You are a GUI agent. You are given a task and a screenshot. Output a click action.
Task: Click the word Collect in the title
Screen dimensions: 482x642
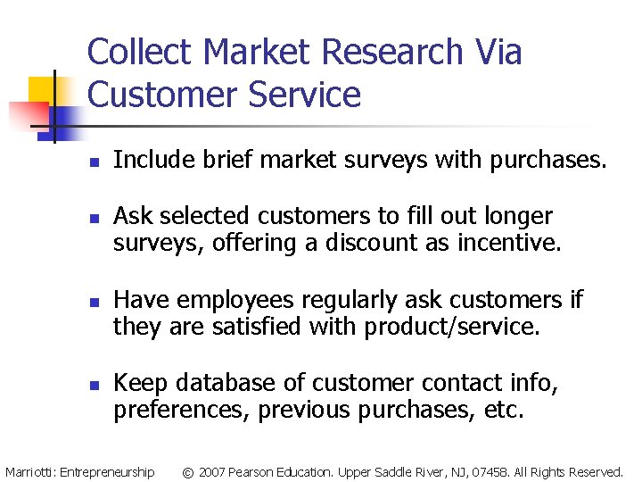(x=140, y=52)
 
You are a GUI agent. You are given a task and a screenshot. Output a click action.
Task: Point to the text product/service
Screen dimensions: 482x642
(x=452, y=327)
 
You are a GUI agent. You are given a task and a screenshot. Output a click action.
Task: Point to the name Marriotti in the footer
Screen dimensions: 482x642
(x=29, y=471)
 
